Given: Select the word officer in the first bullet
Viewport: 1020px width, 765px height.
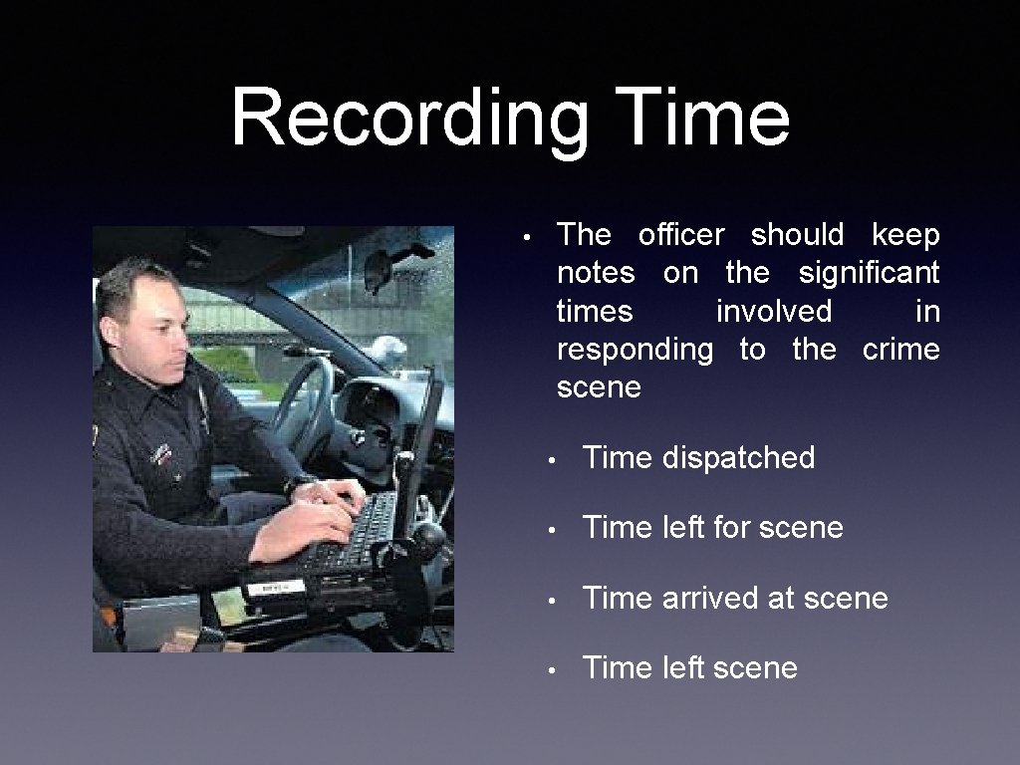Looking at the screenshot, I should coord(681,235).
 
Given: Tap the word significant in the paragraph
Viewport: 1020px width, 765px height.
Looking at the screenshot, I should coord(869,273).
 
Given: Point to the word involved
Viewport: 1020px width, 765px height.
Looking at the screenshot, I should coord(773,312).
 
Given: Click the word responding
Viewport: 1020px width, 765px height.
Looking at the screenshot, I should coord(635,351).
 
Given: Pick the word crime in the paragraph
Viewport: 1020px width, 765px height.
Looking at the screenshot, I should coord(900,350).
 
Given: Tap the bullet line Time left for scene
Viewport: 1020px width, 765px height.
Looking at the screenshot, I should coord(712,528).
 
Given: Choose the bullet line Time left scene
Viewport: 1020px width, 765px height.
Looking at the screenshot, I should coord(689,668).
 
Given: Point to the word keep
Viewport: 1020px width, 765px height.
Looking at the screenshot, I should coord(904,235).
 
